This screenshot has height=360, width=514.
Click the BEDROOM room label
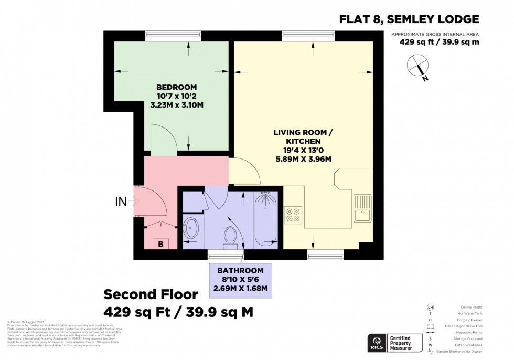pyautogui.click(x=176, y=87)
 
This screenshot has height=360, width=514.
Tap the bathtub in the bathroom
pyautogui.click(x=266, y=219)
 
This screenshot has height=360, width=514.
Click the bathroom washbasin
pyautogui.click(x=191, y=228)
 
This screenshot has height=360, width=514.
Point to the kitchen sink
pyautogui.click(x=362, y=208)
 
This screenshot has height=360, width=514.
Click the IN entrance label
pyautogui.click(x=121, y=201)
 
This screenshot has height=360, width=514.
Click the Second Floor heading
pyautogui.click(x=151, y=294)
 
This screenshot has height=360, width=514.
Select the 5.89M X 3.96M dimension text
pyautogui.click(x=304, y=160)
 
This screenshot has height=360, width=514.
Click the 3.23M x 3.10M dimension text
pyautogui.click(x=176, y=105)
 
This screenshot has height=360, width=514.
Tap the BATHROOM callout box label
pyautogui.click(x=241, y=270)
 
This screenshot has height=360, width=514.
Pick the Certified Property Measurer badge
pyautogui.click(x=399, y=343)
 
